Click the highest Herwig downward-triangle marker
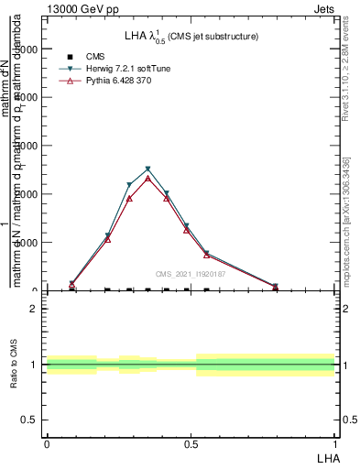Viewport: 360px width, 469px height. click(147, 169)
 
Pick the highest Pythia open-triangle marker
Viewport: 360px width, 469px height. click(147, 178)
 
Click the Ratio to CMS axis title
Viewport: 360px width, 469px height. click(16, 365)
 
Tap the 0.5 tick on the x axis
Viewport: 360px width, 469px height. click(191, 444)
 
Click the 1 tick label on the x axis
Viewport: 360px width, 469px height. click(334, 444)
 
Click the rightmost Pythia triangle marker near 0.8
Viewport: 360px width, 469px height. click(276, 287)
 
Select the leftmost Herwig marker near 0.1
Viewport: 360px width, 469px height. click(72, 284)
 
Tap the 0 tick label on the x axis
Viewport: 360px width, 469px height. click(46, 444)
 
